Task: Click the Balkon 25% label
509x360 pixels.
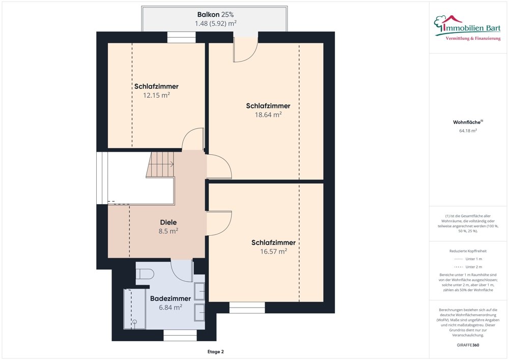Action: [215, 15]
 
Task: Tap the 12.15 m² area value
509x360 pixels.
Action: [156, 95]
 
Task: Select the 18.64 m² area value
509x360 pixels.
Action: [268, 115]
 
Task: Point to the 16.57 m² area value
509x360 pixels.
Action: [274, 251]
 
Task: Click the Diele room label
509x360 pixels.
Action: [168, 223]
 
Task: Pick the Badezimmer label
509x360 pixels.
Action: [171, 299]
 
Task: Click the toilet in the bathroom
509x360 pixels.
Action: [145, 273]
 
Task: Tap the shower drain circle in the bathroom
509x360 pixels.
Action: [134, 322]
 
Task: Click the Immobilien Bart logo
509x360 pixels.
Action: [467, 28]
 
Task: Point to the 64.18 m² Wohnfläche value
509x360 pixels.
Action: [468, 131]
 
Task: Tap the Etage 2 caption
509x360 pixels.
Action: [215, 351]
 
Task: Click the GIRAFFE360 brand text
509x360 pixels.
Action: [468, 345]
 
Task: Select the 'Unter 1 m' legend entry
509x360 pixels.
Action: [468, 259]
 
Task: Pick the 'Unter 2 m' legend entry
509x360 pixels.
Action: [468, 267]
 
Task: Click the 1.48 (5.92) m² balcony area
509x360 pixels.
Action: [215, 23]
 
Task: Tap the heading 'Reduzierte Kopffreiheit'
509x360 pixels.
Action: [468, 251]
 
